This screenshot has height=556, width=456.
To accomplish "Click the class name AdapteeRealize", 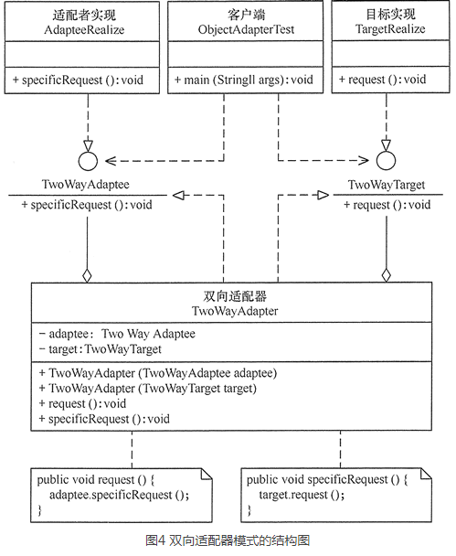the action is [x=84, y=29].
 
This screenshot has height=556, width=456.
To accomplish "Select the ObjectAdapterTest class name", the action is [x=246, y=29].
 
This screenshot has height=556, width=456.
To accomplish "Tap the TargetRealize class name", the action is [x=390, y=28].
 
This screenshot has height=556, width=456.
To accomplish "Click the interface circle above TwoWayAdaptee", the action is [x=88, y=161].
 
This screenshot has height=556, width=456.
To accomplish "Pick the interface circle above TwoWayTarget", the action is [x=386, y=160].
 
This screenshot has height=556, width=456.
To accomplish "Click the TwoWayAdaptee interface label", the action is [x=85, y=185].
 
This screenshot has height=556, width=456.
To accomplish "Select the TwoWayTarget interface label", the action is [x=387, y=185].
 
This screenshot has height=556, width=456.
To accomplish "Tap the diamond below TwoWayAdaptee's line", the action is [x=87, y=275].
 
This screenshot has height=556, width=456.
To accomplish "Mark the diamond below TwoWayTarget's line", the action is [x=387, y=275].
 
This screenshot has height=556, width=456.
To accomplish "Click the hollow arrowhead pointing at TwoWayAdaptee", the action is [x=178, y=195].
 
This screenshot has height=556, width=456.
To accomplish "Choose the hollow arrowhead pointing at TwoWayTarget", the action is [x=323, y=195].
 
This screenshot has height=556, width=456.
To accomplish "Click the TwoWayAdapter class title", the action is [x=235, y=311].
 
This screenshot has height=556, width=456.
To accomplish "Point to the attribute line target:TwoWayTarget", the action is [x=101, y=349].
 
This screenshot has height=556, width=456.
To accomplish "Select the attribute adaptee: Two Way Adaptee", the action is [x=117, y=334].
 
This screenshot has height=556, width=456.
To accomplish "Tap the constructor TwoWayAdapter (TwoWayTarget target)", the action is [x=148, y=389].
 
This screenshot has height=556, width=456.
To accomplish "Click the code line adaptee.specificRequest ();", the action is [x=120, y=495].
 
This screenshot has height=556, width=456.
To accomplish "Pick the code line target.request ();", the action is [x=302, y=495].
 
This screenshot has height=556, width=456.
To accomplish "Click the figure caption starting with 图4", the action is [x=228, y=540].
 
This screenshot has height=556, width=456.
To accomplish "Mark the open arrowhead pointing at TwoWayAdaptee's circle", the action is [x=111, y=161].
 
